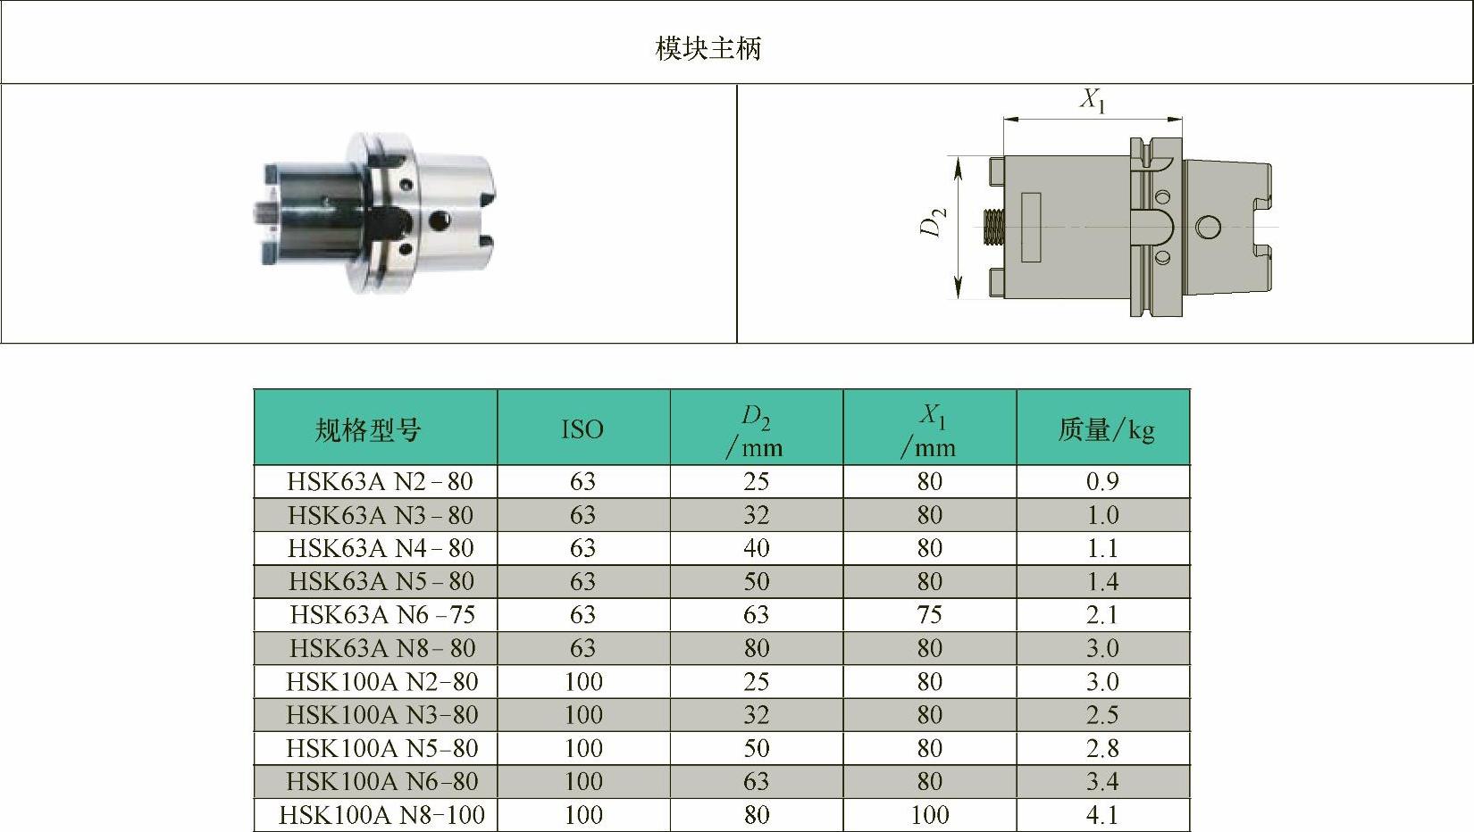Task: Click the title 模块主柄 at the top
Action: pos(708,49)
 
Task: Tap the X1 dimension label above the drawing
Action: pos(1093,101)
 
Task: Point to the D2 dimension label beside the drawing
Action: pos(933,221)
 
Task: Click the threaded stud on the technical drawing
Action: pos(993,227)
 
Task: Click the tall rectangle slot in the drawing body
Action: pos(1031,228)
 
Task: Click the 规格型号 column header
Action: pos(368,430)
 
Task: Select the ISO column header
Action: pos(582,430)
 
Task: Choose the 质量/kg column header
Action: pos(1106,430)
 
